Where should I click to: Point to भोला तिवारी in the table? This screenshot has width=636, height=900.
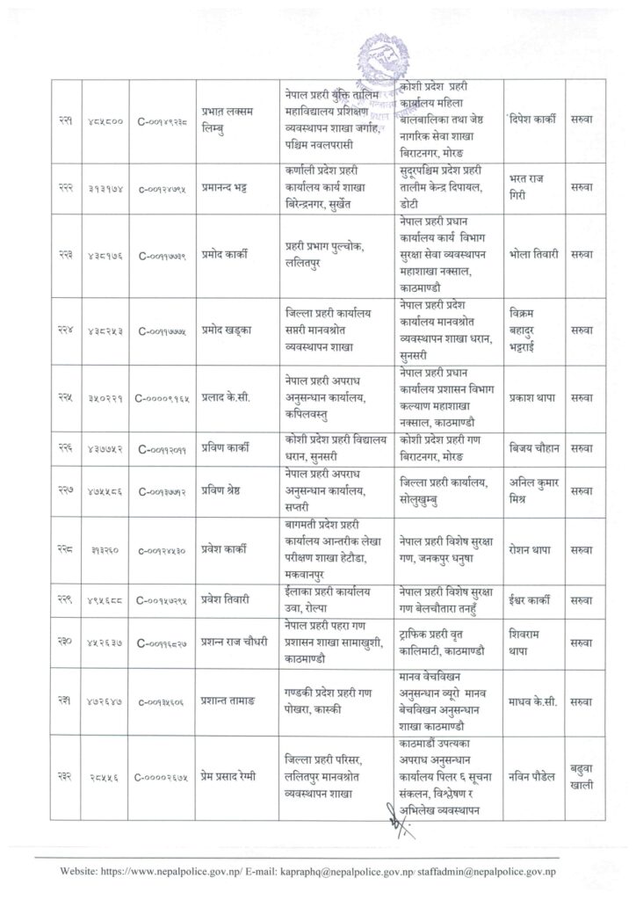tap(534, 255)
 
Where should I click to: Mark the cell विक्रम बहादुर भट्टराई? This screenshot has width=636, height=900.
tap(532, 330)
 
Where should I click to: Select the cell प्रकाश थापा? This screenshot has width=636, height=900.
tap(534, 397)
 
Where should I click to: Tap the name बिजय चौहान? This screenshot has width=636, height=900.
tap(534, 448)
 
